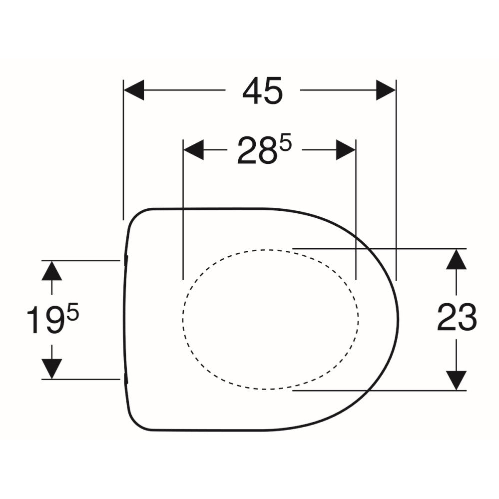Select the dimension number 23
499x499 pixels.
click(457, 317)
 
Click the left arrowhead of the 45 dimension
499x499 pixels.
click(134, 90)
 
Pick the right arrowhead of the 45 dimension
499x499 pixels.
click(386, 90)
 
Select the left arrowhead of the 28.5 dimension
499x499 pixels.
click(193, 149)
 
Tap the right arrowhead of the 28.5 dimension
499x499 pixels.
click(346, 149)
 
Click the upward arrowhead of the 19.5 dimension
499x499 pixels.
click(52, 271)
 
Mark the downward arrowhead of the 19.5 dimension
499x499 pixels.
click(52, 369)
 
